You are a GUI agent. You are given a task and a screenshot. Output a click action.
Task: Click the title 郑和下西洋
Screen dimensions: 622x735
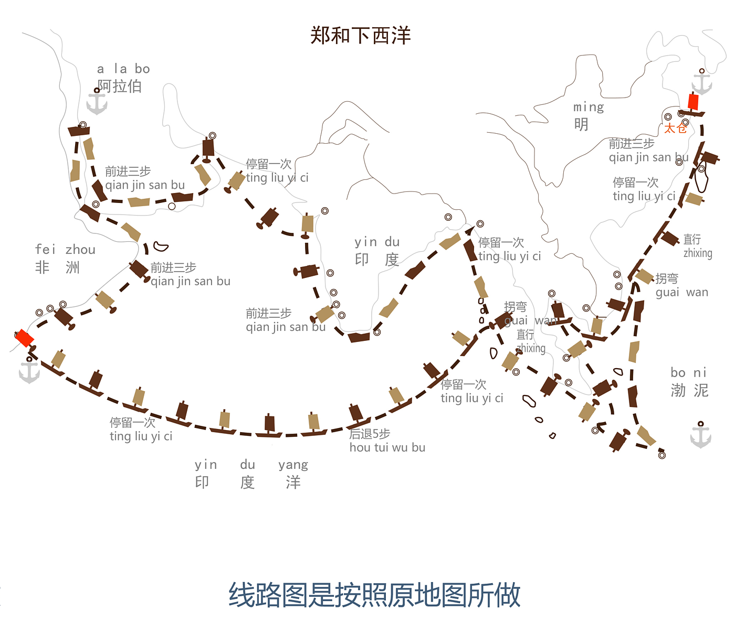point(360,35)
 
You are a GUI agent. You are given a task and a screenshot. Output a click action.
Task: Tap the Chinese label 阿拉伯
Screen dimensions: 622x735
point(120,86)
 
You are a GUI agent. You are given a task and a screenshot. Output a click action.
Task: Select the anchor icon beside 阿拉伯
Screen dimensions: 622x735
point(97,102)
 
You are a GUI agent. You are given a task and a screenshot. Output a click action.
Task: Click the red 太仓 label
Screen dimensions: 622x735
point(675,128)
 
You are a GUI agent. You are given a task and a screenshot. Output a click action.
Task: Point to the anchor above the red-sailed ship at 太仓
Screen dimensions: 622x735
point(701,83)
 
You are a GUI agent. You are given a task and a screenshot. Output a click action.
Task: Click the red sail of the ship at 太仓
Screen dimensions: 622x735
point(694,101)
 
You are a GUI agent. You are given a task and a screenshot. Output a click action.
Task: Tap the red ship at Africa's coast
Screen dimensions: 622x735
point(24,338)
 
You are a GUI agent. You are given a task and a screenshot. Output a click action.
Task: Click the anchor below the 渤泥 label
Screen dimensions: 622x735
point(700,435)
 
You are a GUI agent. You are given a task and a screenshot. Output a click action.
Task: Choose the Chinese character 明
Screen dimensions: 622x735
point(581,125)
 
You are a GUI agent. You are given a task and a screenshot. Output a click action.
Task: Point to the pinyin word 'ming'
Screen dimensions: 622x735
point(589,108)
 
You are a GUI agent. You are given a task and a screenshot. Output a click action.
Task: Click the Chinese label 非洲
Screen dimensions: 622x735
point(57,267)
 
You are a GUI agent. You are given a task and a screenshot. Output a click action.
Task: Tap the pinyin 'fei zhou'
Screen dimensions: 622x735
point(65,250)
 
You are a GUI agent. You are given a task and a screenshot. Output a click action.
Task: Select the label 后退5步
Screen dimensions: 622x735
point(370,434)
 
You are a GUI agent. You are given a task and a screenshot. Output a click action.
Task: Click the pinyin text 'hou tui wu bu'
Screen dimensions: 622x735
point(387,447)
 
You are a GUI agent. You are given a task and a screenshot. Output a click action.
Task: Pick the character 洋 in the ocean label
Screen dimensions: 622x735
point(293,482)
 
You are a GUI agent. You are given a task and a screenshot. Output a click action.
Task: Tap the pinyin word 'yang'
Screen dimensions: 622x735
point(293,465)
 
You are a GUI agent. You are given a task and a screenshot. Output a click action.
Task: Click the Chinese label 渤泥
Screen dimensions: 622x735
point(689,390)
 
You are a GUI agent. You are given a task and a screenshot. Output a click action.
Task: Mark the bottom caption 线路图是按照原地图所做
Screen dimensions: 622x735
point(374,595)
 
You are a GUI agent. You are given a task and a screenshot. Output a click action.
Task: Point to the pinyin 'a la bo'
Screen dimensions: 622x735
point(123,69)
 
